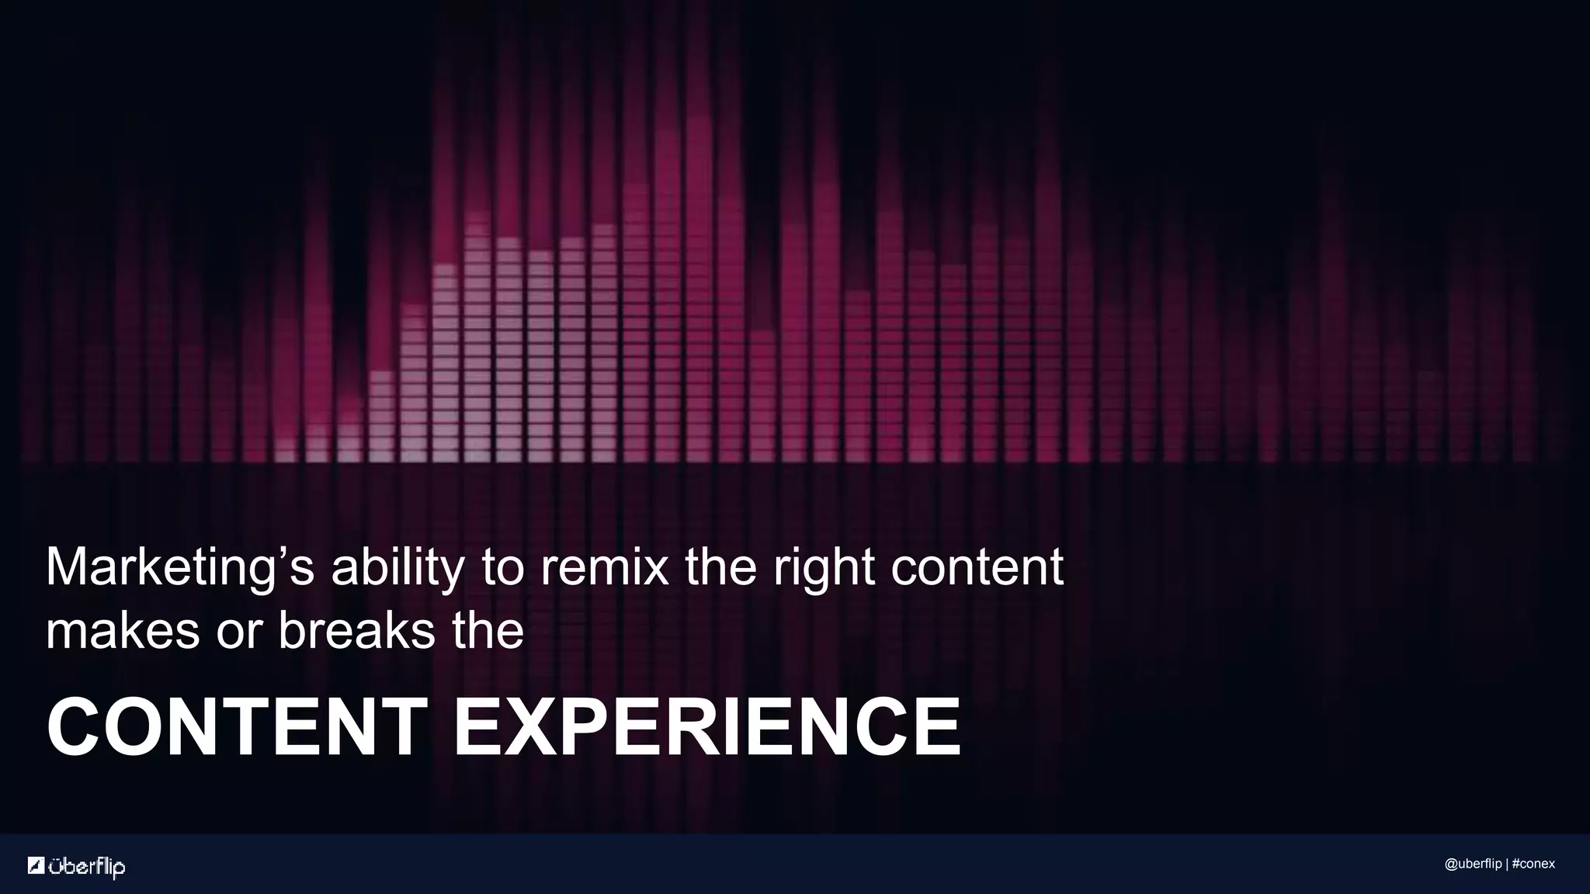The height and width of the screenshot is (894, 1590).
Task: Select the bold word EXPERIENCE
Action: [x=706, y=727]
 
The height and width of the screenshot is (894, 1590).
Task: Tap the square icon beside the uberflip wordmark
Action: [x=36, y=865]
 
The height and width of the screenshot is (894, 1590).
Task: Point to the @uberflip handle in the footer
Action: [x=1473, y=865]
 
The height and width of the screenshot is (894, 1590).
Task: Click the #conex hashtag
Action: [x=1533, y=865]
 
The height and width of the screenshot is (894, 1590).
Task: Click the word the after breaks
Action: [x=488, y=630]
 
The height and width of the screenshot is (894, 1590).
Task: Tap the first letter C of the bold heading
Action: [x=74, y=727]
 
